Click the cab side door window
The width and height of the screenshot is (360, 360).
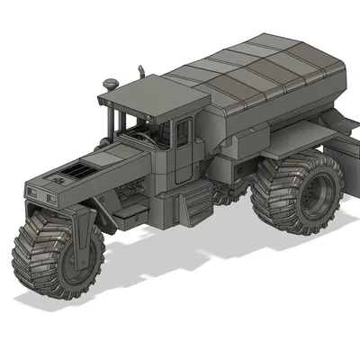coord(183,133)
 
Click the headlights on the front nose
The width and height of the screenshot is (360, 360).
coord(40,193)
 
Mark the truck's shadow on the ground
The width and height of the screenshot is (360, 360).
coord(225,270)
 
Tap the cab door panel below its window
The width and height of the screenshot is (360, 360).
coord(184,166)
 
